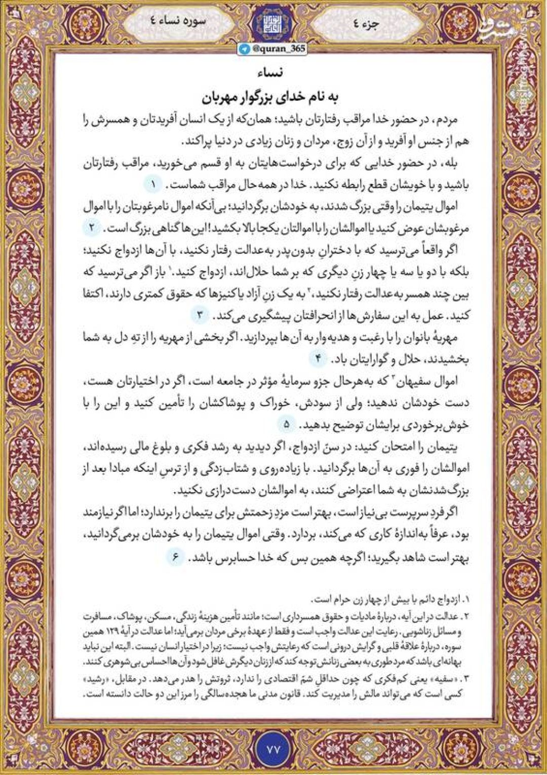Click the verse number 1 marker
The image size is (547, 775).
152,184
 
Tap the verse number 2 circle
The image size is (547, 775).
92,228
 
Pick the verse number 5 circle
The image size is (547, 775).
287,424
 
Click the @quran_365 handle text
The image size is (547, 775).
278,48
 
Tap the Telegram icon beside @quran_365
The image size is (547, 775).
246,48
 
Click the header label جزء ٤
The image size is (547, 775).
370,23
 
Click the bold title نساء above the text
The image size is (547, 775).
273,72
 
